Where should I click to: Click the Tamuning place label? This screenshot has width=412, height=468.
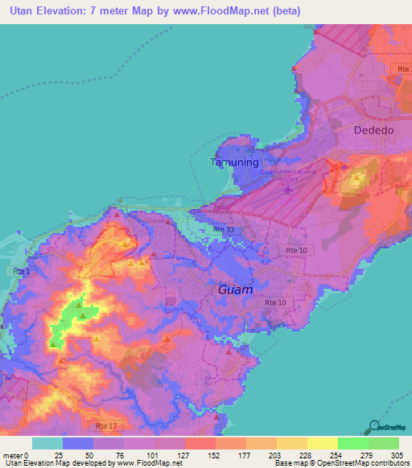(235, 162)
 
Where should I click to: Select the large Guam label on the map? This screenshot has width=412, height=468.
(235, 289)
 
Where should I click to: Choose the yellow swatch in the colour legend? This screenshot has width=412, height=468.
(322, 443)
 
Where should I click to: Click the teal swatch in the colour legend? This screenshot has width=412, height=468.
(47, 443)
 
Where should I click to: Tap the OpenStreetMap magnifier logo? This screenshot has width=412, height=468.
(376, 427)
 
